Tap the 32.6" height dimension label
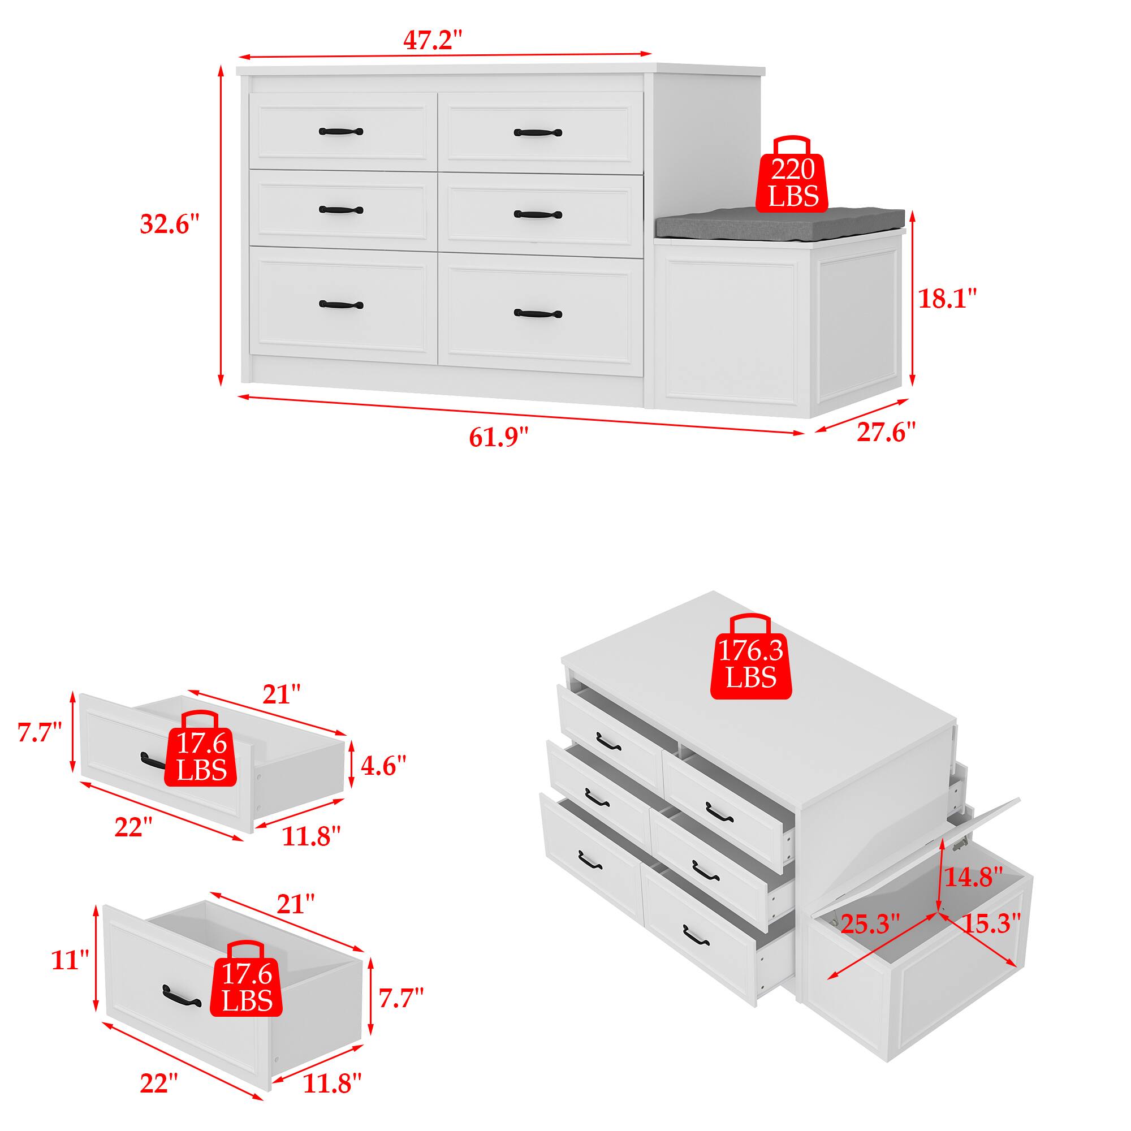coord(169,224)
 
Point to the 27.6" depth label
coord(886,432)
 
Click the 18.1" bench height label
coord(947,299)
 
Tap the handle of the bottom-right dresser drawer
coord(537,314)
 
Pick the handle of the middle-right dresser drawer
coord(537,214)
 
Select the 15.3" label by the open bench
coord(991,925)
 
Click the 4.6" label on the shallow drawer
coord(383,766)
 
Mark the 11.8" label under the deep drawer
coord(332,1083)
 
